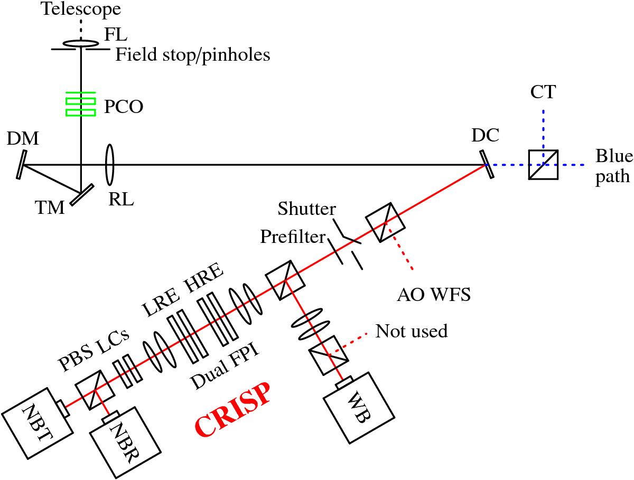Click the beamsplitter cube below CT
pyautogui.click(x=543, y=165)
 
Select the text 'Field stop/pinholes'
pyautogui.click(x=192, y=54)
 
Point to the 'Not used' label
pyautogui.click(x=411, y=331)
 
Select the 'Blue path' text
pyautogui.click(x=613, y=166)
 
